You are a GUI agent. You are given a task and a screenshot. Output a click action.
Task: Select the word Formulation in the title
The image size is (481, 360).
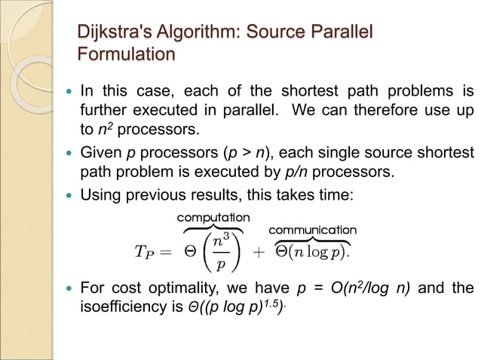(126, 55)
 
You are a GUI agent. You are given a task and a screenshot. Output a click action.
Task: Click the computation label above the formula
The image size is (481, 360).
(213, 218)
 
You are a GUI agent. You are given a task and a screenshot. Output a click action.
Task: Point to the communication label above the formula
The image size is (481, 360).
(313, 229)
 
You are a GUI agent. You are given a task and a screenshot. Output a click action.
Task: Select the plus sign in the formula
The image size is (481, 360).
(259, 253)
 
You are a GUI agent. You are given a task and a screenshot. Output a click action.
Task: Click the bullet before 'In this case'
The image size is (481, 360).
(70, 93)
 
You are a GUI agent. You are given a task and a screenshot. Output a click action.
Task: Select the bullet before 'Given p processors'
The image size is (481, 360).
(70, 154)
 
